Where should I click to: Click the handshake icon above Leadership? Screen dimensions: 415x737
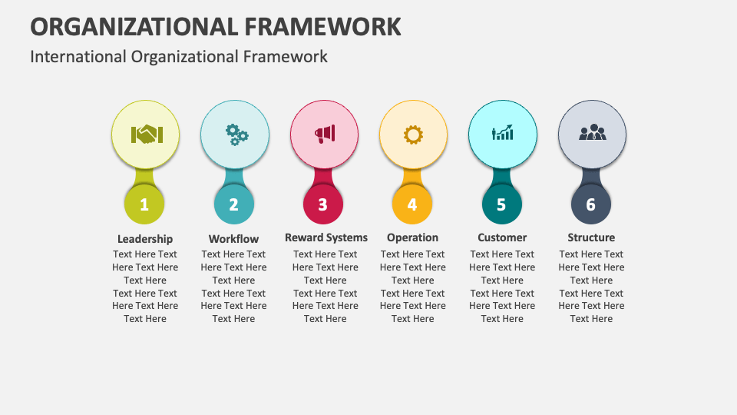click(x=144, y=134)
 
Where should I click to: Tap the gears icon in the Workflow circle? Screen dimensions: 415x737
click(x=236, y=135)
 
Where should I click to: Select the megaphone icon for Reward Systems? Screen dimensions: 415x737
click(x=324, y=134)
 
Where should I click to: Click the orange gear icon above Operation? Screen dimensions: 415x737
click(x=413, y=134)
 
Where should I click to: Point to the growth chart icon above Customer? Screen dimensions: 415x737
click(x=502, y=134)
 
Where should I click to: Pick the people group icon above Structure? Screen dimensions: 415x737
click(x=592, y=133)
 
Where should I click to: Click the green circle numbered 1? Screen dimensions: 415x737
click(x=144, y=204)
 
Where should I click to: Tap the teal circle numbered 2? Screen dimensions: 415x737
click(x=233, y=204)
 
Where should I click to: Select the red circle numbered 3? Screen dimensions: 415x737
click(x=323, y=204)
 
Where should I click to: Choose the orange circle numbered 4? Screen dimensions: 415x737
click(x=412, y=204)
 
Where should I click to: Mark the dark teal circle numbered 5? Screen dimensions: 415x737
click(x=502, y=204)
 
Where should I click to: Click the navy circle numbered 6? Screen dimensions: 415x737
click(x=591, y=204)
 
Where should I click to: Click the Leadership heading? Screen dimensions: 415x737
click(x=145, y=239)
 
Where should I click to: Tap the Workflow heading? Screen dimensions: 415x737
click(x=233, y=239)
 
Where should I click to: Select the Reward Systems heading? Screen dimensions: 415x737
click(x=326, y=237)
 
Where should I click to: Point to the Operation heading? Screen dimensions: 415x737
click(x=412, y=238)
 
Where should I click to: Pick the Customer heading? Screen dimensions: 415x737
click(x=502, y=238)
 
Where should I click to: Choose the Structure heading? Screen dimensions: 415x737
click(x=591, y=237)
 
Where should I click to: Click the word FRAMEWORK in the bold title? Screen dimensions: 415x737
click(x=323, y=26)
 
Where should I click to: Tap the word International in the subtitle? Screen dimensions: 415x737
click(x=78, y=56)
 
